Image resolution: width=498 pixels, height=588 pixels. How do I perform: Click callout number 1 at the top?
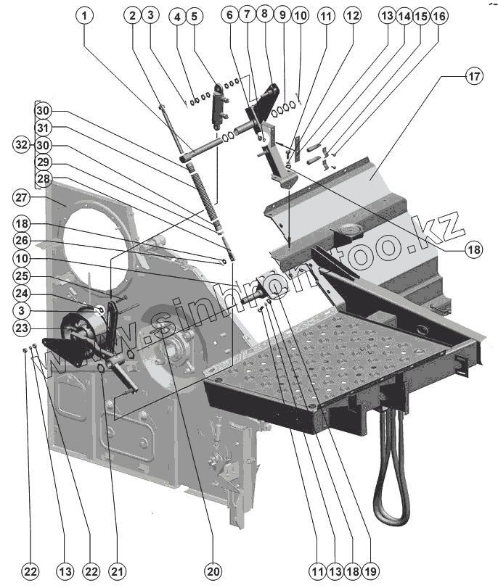click(x=86, y=14)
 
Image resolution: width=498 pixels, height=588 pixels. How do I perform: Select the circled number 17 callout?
click(x=473, y=75)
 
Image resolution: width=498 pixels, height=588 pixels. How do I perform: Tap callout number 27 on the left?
click(x=22, y=198)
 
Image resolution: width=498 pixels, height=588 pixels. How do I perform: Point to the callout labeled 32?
click(x=22, y=144)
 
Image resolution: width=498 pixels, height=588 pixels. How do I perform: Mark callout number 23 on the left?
click(x=22, y=328)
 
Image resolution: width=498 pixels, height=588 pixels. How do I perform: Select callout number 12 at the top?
click(x=351, y=14)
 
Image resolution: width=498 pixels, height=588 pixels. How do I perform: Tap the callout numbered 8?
click(x=263, y=14)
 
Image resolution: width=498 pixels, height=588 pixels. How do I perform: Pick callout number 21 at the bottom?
click(x=113, y=571)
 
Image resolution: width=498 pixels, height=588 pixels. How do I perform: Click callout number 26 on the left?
click(x=22, y=240)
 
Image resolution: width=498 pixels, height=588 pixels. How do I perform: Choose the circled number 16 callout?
click(x=439, y=14)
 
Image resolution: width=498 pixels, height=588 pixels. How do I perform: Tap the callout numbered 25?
click(x=22, y=276)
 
